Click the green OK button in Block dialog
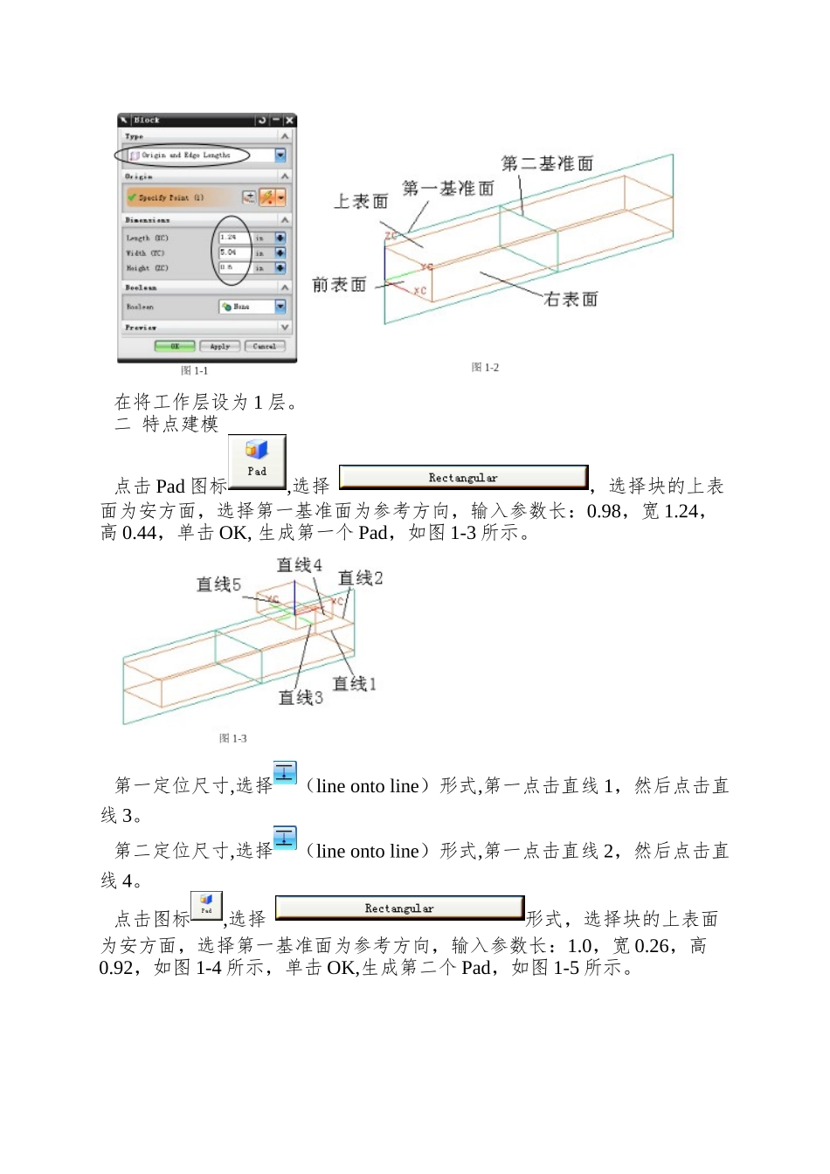[175, 347]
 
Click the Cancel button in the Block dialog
[264, 347]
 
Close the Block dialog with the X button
[289, 121]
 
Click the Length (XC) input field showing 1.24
[234, 238]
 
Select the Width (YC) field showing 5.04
[234, 252]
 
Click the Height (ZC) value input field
[234, 267]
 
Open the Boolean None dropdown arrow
[280, 307]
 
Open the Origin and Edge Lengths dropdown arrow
[280, 155]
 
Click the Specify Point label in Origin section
[171, 198]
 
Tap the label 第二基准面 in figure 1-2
[547, 163]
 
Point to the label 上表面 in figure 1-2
[361, 202]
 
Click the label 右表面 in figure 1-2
[571, 300]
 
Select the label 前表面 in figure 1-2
[339, 285]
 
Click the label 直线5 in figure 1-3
[218, 584]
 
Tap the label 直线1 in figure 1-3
[354, 683]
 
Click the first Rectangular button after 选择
[463, 478]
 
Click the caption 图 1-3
[232, 739]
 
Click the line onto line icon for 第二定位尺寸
[285, 838]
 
